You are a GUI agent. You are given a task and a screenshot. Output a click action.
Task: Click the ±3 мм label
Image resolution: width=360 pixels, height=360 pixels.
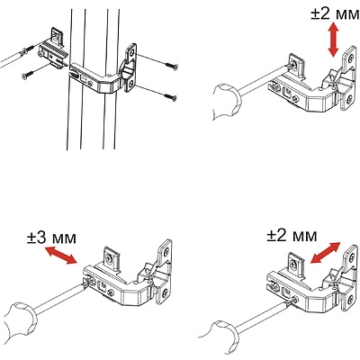click(x=51, y=238)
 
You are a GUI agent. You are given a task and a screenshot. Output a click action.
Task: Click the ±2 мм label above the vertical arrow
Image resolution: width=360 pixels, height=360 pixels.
click(x=335, y=13)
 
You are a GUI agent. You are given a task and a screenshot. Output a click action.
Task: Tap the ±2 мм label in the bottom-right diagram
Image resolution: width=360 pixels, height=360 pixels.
click(x=292, y=236)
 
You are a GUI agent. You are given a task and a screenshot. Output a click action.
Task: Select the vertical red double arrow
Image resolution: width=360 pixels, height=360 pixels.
click(x=333, y=40)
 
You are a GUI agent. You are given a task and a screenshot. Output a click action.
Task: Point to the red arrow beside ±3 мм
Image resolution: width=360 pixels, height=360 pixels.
click(x=61, y=255)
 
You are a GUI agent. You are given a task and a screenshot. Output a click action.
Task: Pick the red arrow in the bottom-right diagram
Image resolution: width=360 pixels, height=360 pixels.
click(x=326, y=252)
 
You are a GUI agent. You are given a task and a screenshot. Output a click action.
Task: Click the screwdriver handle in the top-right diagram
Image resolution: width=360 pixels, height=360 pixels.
click(x=227, y=103)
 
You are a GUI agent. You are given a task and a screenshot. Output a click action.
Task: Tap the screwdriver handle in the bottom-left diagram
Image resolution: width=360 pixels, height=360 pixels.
click(x=21, y=322)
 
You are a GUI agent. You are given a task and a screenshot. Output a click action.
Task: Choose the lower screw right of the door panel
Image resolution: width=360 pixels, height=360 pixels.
click(x=170, y=96)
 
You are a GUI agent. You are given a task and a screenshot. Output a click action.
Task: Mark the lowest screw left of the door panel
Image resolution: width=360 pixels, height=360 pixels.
click(x=29, y=74)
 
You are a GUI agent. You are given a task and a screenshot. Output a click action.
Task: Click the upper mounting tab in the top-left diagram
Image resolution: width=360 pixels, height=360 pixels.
click(x=58, y=37)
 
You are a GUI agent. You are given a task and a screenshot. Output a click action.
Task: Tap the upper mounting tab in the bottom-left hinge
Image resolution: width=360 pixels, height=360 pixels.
click(x=112, y=256)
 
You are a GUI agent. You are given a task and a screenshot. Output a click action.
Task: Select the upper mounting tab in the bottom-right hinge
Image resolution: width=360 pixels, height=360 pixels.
click(x=296, y=263)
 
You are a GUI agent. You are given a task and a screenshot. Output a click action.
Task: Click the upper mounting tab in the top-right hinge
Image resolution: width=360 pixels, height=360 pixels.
click(x=297, y=64)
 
